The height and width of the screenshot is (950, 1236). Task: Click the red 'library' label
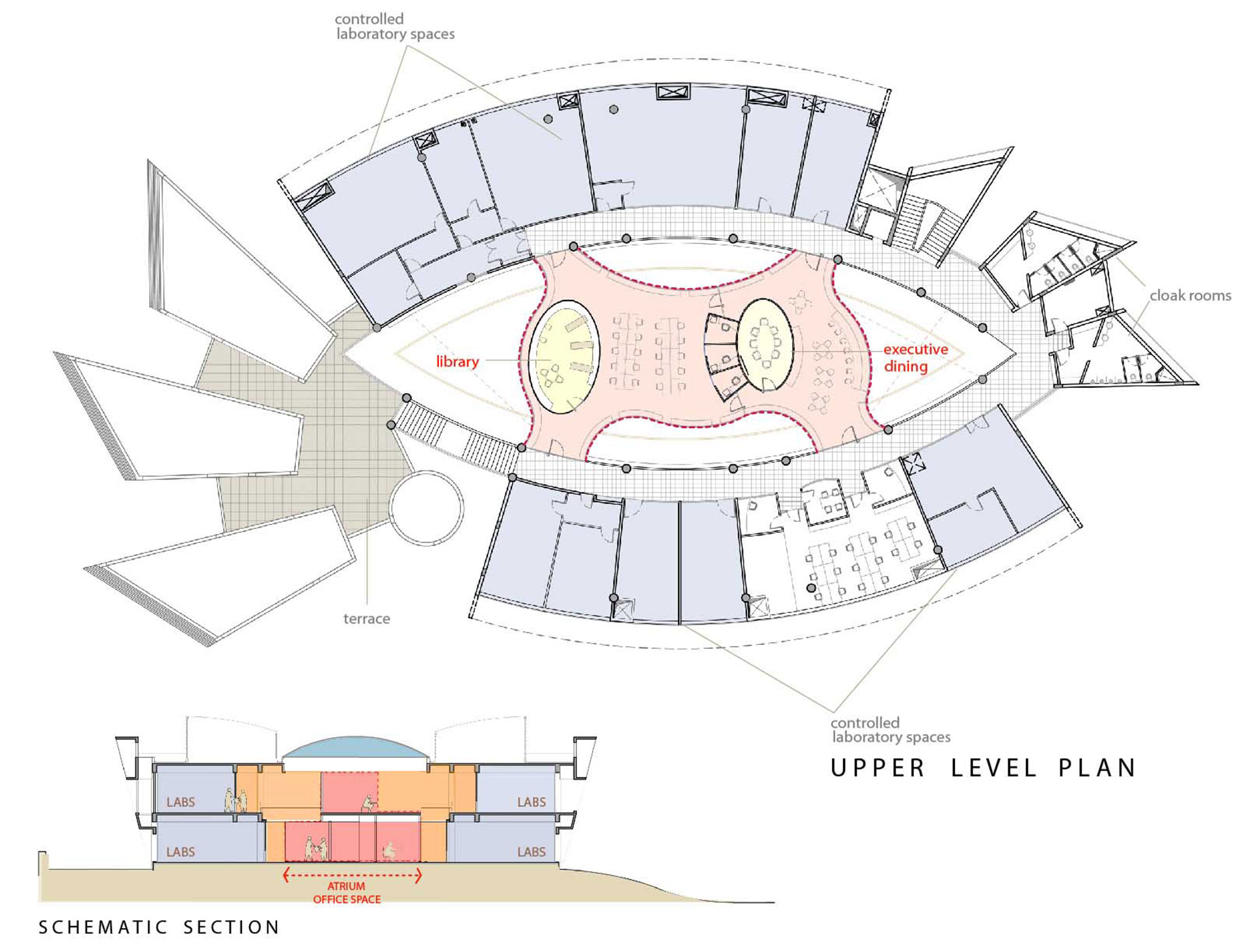(457, 361)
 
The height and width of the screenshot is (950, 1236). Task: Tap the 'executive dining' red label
(914, 358)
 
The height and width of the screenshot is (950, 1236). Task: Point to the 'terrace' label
(366, 619)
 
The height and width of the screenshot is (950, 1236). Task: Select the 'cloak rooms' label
(1190, 296)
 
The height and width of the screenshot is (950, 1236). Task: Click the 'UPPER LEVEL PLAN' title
(983, 768)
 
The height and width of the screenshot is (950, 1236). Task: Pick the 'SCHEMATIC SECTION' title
(159, 927)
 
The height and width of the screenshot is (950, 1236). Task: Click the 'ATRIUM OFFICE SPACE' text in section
(347, 893)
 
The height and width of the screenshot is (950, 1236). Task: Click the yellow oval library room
(563, 357)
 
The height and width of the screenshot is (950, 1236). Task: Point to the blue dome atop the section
(356, 747)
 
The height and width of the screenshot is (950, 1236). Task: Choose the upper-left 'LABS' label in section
(180, 802)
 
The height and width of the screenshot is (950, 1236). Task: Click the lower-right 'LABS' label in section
(531, 852)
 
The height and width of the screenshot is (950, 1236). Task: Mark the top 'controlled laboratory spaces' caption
(394, 27)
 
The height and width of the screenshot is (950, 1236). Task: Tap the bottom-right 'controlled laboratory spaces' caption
(891, 730)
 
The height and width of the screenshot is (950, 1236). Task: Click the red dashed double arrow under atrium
(352, 875)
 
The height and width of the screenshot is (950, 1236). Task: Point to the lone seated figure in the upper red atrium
(368, 804)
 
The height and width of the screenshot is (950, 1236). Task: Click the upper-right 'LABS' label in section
(531, 802)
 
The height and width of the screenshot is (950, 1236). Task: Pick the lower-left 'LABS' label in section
(180, 852)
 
